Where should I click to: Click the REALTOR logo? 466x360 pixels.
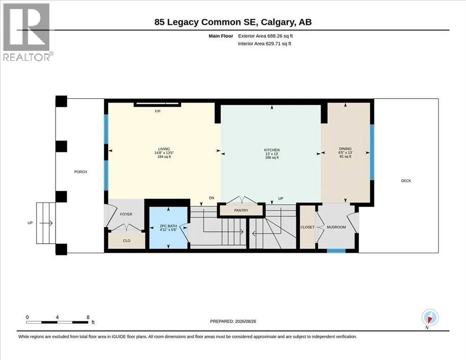point(27,32)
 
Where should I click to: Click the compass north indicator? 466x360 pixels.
point(430,318)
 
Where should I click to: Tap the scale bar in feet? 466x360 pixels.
point(57,322)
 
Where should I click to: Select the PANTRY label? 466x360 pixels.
point(241,210)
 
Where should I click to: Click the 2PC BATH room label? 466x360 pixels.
point(168,226)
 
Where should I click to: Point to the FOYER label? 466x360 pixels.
point(126,214)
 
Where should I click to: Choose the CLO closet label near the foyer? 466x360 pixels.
point(127,241)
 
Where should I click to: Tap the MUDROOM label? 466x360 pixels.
point(336,227)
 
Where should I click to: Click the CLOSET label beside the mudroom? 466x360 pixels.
point(307,227)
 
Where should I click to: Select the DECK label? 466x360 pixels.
point(406,181)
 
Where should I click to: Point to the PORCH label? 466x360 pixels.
point(81,172)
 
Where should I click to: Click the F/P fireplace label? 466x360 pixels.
point(158,111)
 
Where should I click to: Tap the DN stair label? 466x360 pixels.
point(211,198)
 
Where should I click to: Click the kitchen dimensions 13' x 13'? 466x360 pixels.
point(272,154)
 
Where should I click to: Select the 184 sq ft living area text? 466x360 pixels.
point(164,157)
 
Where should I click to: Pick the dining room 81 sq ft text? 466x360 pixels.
point(346,157)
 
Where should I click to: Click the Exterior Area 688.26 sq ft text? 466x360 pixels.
point(265,36)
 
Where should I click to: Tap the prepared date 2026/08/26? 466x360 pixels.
point(246,322)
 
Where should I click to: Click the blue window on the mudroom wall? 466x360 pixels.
point(336,251)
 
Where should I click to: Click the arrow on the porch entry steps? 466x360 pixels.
point(46,223)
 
